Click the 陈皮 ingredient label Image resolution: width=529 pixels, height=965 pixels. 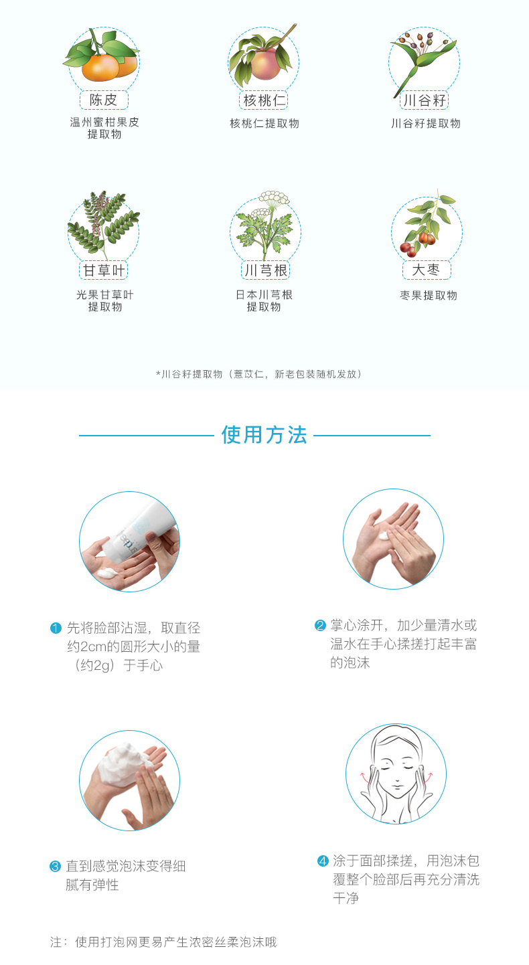coord(104,100)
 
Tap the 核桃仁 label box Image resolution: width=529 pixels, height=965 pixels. coord(264,100)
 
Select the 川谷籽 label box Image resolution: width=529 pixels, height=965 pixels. coord(425,100)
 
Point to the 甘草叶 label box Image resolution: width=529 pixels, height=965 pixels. coord(104,270)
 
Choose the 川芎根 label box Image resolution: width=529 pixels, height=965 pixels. coord(265,270)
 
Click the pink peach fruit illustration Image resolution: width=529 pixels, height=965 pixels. coord(265,64)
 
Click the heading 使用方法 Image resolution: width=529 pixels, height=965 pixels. coord(264,435)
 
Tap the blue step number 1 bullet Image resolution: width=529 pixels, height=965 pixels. coord(56,628)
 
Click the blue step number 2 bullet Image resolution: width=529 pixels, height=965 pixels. coord(320,625)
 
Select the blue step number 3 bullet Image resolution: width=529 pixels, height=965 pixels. coord(55,867)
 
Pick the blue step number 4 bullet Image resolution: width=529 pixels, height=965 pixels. coord(323,861)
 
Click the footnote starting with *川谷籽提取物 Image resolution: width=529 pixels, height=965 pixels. coord(258,374)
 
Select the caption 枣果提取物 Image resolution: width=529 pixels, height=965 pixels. coord(428,296)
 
